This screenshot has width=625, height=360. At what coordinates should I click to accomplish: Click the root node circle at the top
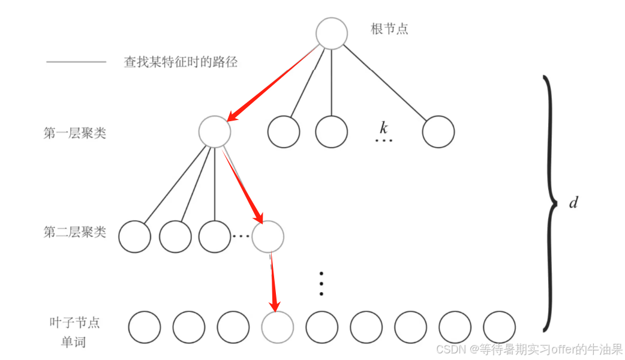click(x=332, y=32)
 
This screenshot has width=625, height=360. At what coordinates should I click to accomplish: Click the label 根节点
click(x=389, y=29)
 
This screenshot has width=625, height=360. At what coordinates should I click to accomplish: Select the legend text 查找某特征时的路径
click(x=181, y=62)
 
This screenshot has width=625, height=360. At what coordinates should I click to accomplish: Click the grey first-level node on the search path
click(x=214, y=131)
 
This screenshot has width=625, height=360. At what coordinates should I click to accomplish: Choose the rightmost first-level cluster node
click(x=438, y=132)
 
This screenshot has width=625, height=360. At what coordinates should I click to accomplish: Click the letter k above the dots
click(x=383, y=127)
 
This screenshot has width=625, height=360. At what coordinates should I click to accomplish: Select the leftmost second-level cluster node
click(x=134, y=236)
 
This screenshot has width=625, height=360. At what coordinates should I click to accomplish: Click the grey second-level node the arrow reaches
click(x=268, y=236)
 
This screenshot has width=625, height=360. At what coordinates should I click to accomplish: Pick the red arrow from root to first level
click(x=272, y=85)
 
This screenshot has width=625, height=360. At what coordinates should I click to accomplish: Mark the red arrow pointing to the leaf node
click(x=274, y=282)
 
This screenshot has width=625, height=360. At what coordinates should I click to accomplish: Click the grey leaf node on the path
click(x=278, y=328)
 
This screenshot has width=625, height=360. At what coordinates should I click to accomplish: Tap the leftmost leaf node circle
click(x=145, y=328)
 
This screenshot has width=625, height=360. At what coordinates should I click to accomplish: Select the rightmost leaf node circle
click(x=499, y=328)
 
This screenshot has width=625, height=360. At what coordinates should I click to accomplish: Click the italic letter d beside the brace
click(x=573, y=203)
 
